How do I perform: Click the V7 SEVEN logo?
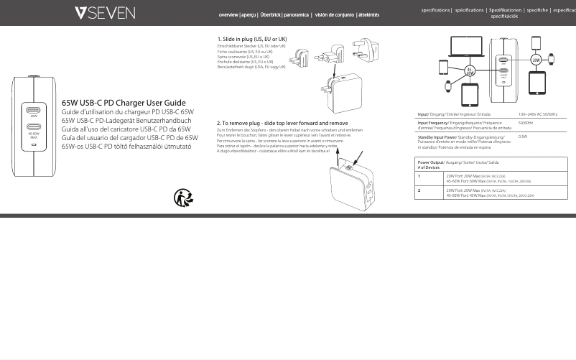point(104,13)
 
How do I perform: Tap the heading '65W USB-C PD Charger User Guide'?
point(124,103)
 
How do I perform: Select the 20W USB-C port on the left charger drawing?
point(34,111)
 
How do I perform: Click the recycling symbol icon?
point(184,197)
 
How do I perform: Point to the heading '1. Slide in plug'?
point(252,39)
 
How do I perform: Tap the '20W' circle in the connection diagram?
point(535,61)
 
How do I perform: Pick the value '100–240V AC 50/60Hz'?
point(537,114)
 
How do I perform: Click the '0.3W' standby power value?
point(523,136)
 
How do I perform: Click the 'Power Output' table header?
point(432,162)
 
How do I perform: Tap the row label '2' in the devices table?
point(419,190)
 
